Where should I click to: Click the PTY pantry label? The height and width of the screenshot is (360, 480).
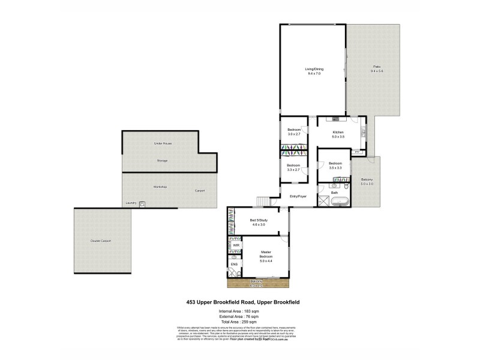pos(357,153)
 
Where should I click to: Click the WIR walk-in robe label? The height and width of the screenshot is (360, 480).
pos(236,245)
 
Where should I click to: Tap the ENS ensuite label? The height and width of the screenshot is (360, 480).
pos(233,263)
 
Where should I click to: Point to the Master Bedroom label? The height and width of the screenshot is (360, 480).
pos(266,255)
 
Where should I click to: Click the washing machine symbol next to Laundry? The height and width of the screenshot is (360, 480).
pos(142,205)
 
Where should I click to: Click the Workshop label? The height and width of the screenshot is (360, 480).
pos(160,187)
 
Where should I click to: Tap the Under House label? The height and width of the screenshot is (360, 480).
pos(159,145)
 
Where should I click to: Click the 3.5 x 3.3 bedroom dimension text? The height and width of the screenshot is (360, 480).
pos(335,167)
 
